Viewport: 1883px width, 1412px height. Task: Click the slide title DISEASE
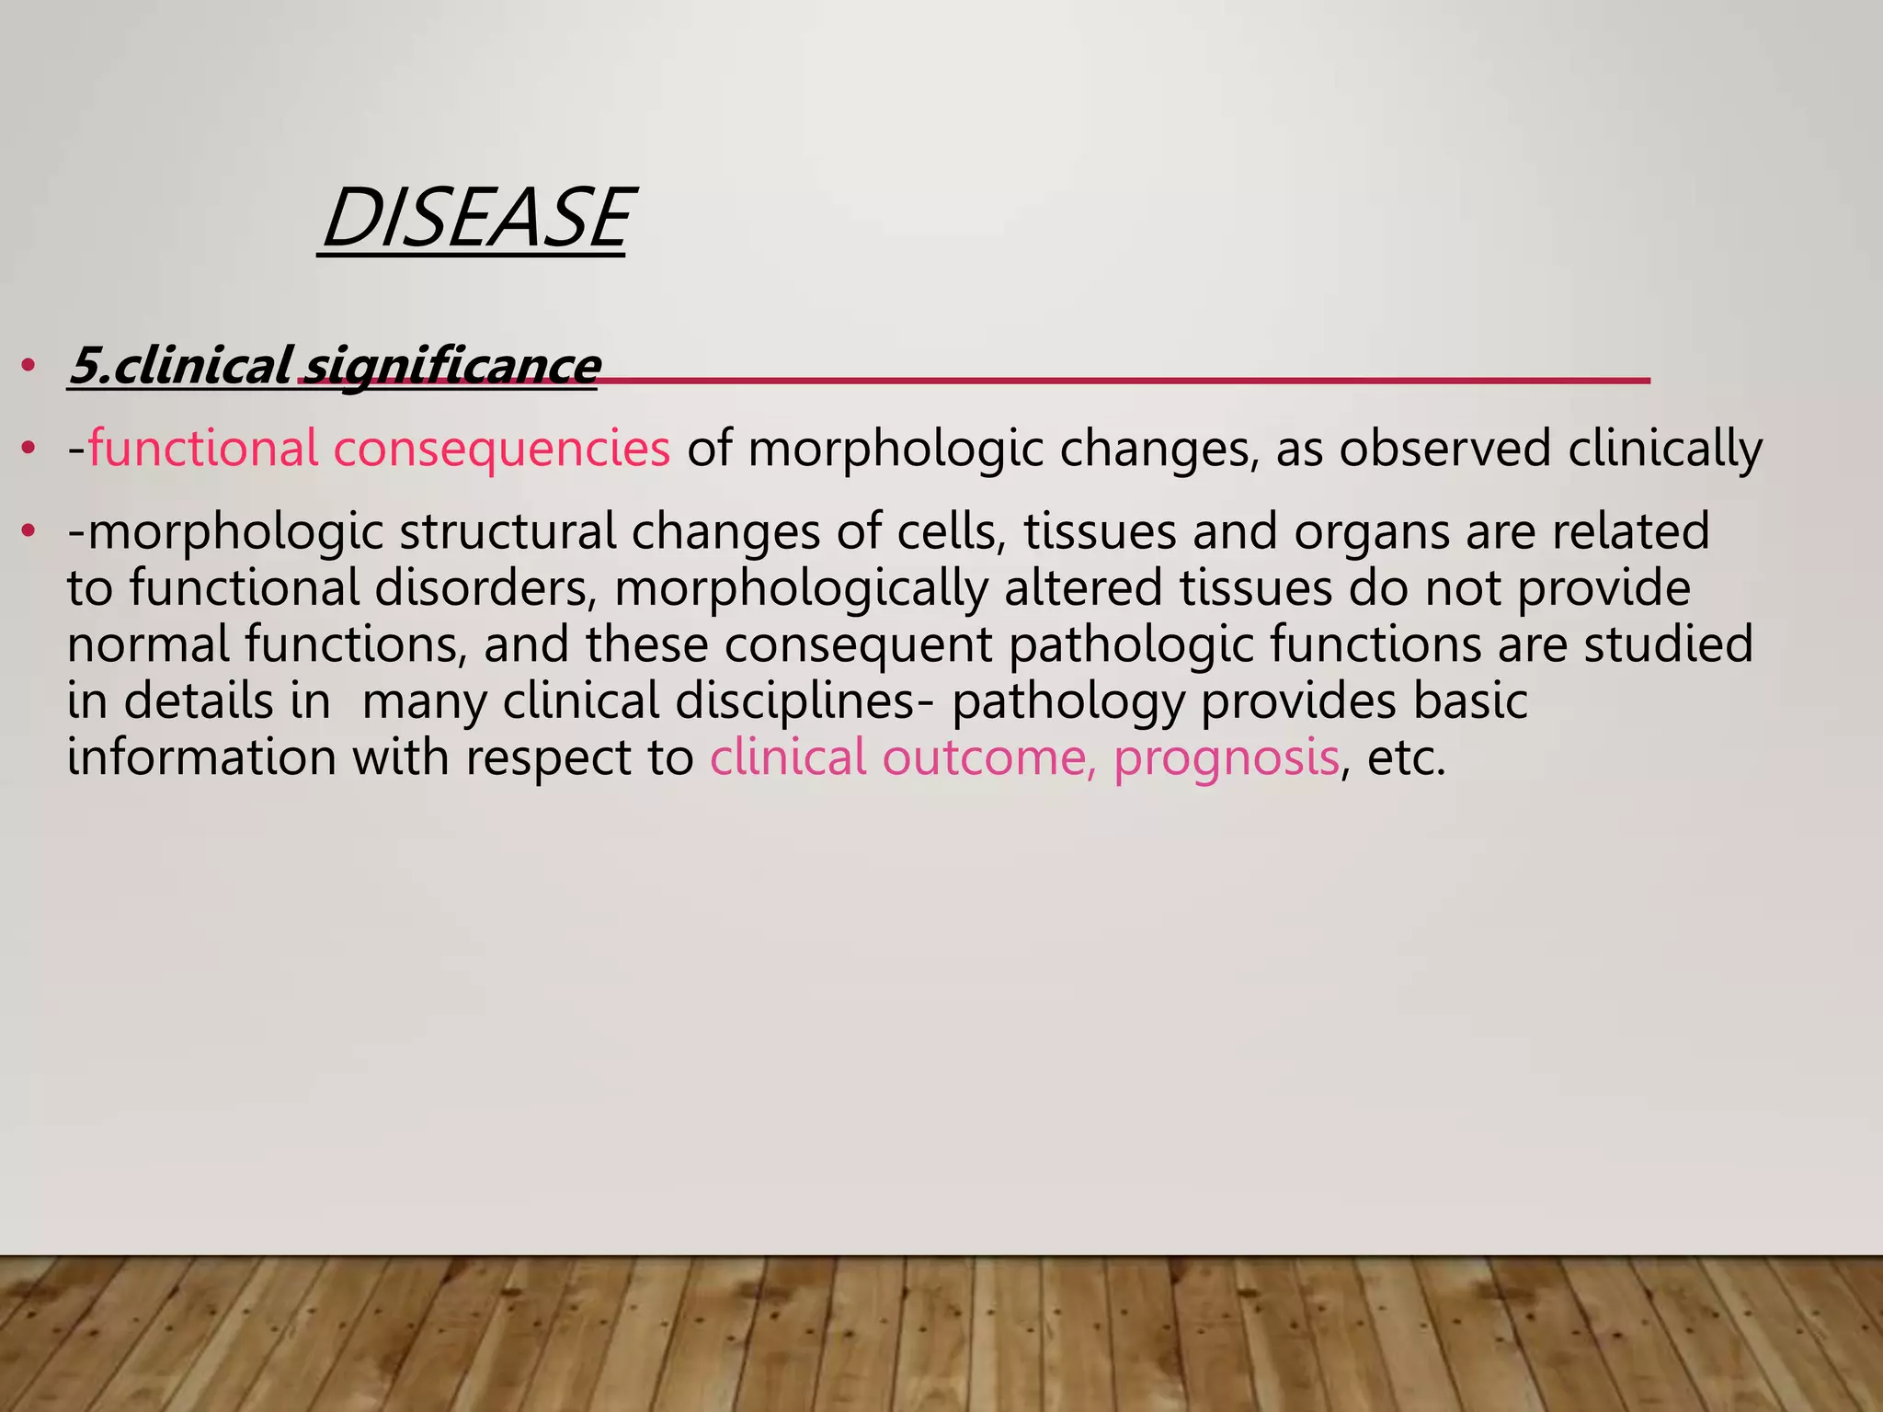pos(474,219)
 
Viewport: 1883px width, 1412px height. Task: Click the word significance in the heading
pos(451,366)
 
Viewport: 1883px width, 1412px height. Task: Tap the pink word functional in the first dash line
pos(203,449)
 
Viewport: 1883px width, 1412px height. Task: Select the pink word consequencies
pos(501,449)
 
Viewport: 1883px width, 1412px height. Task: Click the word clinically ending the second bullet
pos(1665,449)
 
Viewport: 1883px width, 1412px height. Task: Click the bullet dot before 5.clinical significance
pos(29,367)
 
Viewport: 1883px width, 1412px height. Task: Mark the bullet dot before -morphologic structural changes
pos(29,532)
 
